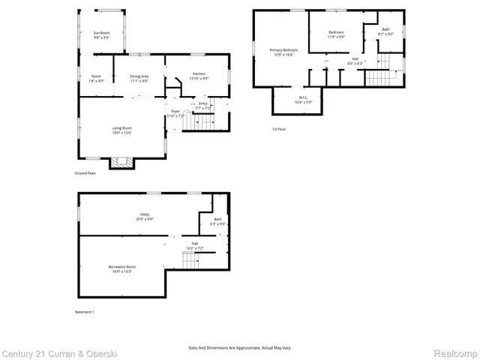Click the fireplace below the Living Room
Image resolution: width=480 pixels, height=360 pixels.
[121, 161]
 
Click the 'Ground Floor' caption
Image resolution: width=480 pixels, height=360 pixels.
[85, 173]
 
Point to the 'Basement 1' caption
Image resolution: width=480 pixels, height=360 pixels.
[85, 311]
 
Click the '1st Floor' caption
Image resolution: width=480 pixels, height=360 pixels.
[279, 129]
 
